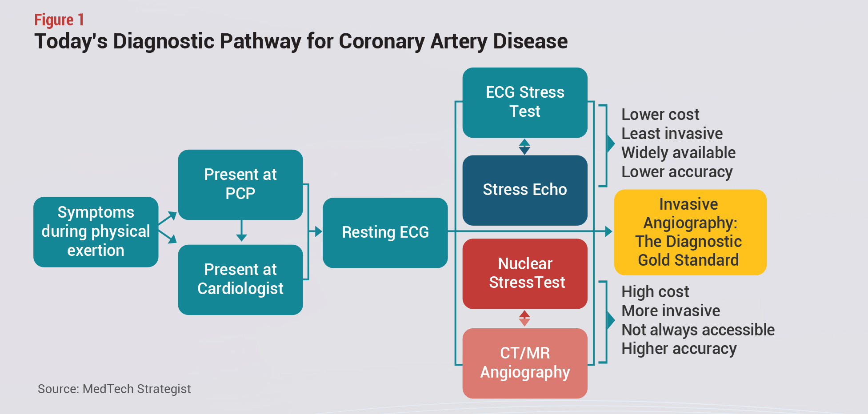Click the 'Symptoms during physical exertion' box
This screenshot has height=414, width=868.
point(96,232)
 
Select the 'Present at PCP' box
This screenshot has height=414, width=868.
point(240,185)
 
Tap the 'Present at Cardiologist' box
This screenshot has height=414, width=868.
point(240,280)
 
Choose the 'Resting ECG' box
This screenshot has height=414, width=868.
point(385,233)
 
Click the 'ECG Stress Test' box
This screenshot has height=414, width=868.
point(525,103)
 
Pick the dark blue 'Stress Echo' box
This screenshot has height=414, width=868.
point(525,190)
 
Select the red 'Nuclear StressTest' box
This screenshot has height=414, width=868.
point(525,274)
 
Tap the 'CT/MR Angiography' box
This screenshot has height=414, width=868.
point(525,363)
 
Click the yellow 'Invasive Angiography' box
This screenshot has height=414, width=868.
point(690,232)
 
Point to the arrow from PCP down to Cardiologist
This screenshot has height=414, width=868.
point(241,231)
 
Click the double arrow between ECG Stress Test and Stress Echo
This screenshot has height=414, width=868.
point(525,147)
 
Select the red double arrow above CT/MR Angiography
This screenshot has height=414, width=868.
point(525,318)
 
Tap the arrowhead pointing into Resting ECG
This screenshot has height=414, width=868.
point(318,231)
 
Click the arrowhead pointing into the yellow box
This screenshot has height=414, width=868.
point(609,231)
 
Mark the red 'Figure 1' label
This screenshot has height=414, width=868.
point(59,20)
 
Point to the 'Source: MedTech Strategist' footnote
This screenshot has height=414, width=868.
point(114,389)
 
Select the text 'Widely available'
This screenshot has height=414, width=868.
point(678,152)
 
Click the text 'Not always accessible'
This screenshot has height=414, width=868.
point(698,330)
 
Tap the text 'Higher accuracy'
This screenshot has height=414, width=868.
point(679,349)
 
